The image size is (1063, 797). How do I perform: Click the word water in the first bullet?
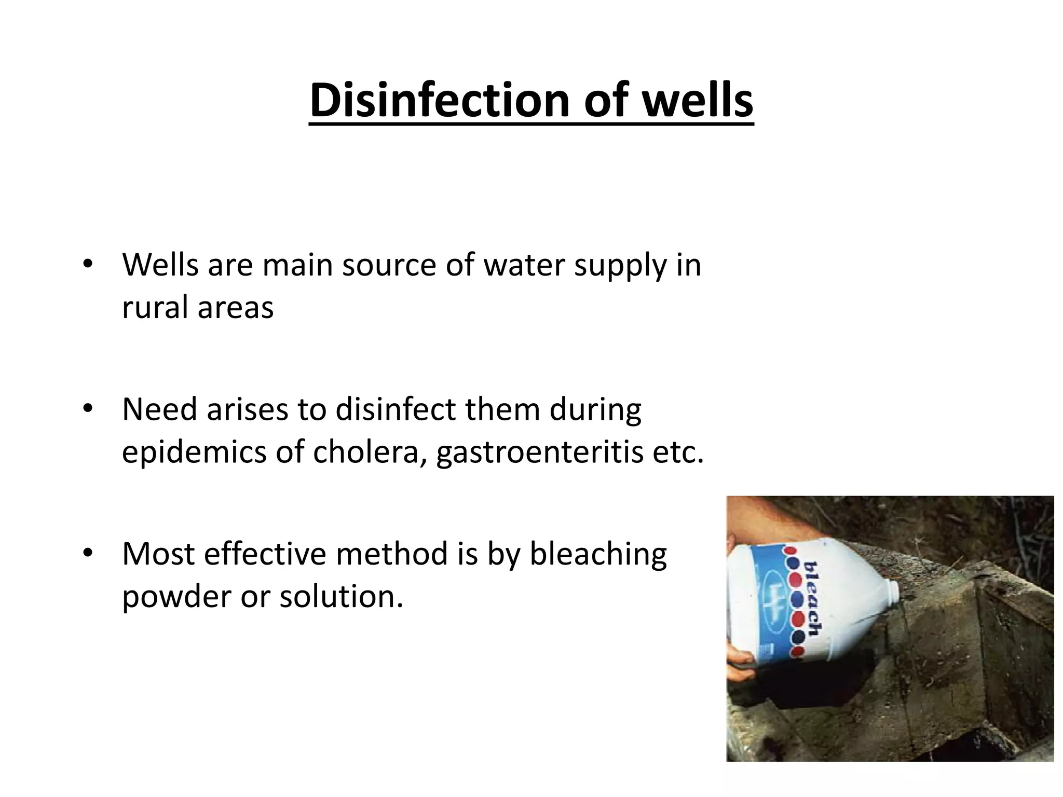click(x=523, y=265)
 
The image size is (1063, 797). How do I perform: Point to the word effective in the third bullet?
click(x=265, y=554)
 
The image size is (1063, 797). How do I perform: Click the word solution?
click(x=341, y=597)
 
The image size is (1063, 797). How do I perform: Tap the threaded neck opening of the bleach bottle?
click(x=892, y=588)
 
